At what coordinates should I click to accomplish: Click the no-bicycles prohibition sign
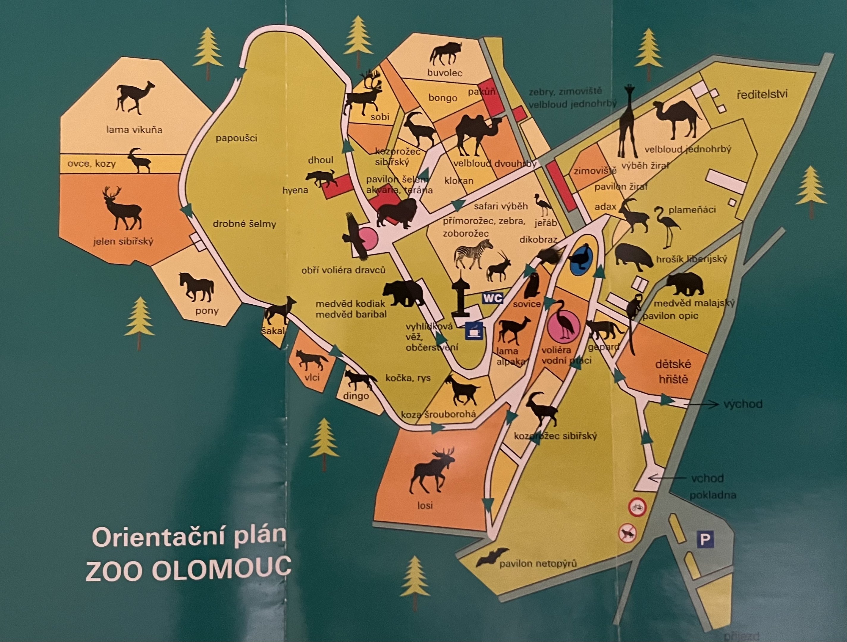pyautogui.click(x=636, y=507)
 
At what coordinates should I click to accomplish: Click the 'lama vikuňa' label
pyautogui.click(x=134, y=130)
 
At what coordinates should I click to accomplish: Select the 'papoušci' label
pyautogui.click(x=236, y=138)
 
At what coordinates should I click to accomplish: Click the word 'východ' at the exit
pyautogui.click(x=743, y=404)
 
